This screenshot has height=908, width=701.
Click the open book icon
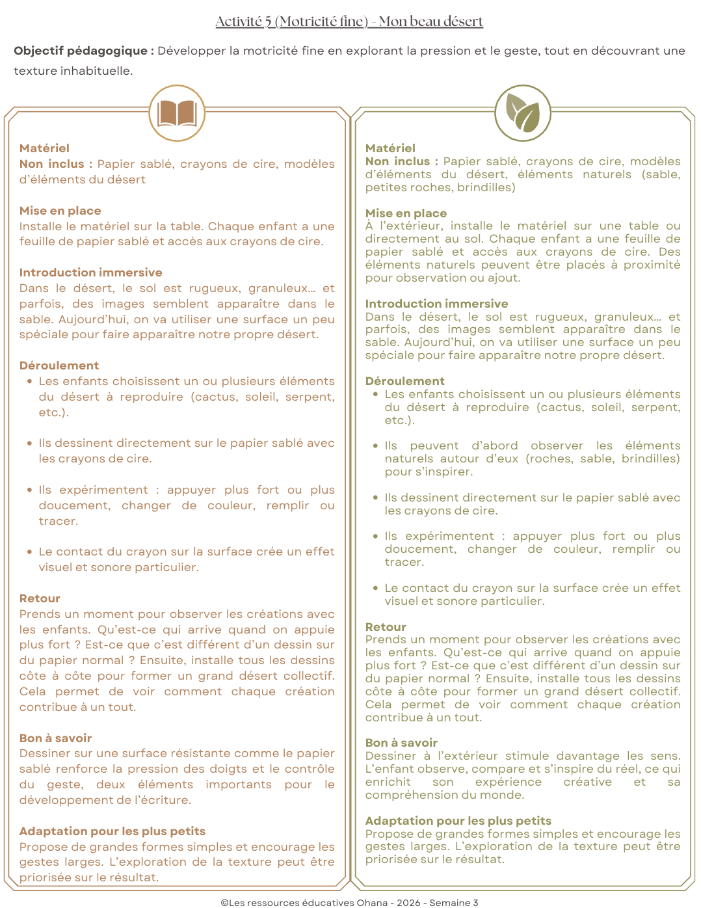tap(177, 113)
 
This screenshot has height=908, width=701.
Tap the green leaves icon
tap(523, 113)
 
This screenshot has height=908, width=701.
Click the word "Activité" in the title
tap(239, 21)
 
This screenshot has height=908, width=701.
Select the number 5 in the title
tap(268, 21)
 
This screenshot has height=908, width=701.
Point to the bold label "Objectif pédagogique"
tap(83, 51)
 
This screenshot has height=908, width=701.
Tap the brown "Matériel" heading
tap(44, 148)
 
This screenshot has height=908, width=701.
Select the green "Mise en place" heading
tap(406, 213)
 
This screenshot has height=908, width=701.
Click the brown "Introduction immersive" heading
tap(90, 273)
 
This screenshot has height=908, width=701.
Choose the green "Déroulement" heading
tap(404, 381)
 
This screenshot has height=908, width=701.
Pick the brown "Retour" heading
tap(40, 598)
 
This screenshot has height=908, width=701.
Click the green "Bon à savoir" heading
tap(401, 743)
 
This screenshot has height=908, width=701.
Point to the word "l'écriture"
tap(164, 800)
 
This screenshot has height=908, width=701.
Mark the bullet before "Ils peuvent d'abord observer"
tap(376, 446)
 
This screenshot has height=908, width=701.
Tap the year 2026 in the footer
tap(409, 903)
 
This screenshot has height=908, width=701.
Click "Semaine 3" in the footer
tap(454, 903)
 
